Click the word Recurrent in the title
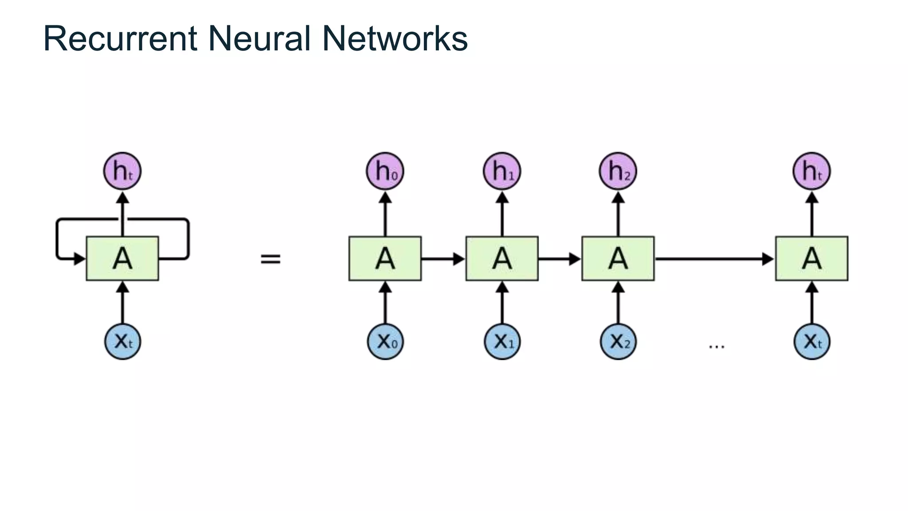click(120, 39)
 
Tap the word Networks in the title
click(395, 39)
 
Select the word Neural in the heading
click(259, 39)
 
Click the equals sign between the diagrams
click(270, 259)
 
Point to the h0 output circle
click(385, 171)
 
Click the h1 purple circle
click(502, 171)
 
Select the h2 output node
click(618, 171)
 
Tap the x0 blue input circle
click(385, 342)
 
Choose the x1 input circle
click(502, 342)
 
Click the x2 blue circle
click(618, 342)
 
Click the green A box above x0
click(385, 259)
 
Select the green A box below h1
click(502, 259)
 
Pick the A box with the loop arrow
click(122, 259)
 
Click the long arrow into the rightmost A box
click(714, 259)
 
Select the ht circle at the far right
click(811, 171)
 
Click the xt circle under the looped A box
click(122, 342)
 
